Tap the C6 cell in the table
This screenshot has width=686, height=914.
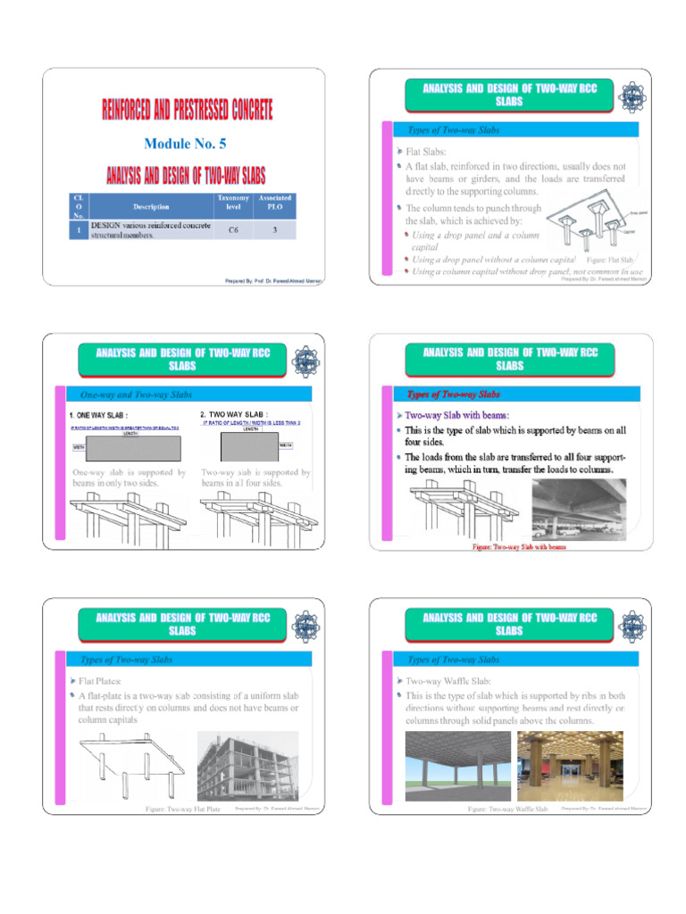point(233,228)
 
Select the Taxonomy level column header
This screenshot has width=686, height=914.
point(233,202)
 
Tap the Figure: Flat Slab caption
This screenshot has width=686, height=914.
point(609,259)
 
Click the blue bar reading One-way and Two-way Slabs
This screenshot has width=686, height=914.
point(136,395)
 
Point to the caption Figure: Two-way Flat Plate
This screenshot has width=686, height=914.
point(183,810)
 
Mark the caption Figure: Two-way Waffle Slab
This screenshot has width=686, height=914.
point(507,810)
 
